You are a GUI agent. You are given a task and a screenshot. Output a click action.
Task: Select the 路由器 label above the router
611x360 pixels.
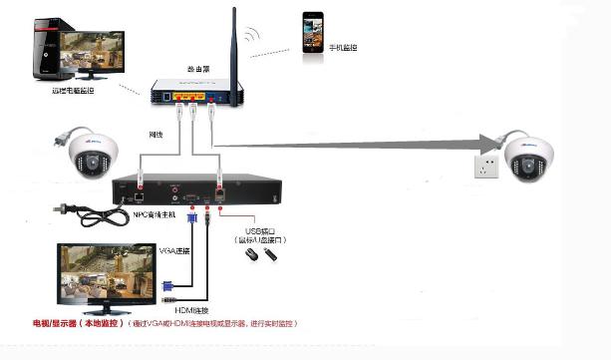[x=198, y=69]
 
